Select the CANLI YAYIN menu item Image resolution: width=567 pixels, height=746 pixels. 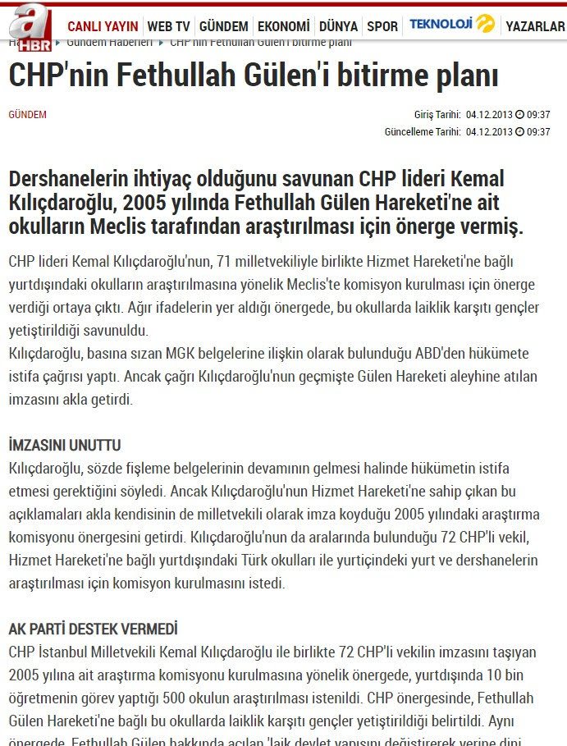[103, 26]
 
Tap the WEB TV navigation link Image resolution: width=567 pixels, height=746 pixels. [170, 26]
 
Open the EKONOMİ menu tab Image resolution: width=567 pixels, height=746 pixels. [284, 26]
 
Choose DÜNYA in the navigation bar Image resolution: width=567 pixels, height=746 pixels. [338, 26]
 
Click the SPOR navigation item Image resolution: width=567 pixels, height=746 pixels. [382, 26]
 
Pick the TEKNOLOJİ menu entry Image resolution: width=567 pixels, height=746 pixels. [441, 25]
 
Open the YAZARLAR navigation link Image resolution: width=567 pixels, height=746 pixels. [535, 26]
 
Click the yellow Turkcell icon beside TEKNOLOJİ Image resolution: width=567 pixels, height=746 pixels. [486, 24]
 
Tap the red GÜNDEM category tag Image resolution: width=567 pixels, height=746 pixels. [27, 115]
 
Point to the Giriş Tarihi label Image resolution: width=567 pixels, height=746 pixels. [437, 115]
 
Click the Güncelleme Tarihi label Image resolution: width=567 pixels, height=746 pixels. [423, 131]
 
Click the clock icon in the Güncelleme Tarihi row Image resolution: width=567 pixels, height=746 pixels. [519, 131]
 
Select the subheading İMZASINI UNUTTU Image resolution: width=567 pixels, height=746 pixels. [65, 445]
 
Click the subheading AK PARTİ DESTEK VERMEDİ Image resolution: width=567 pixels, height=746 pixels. [93, 629]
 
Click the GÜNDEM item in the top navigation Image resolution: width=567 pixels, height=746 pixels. [223, 26]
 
